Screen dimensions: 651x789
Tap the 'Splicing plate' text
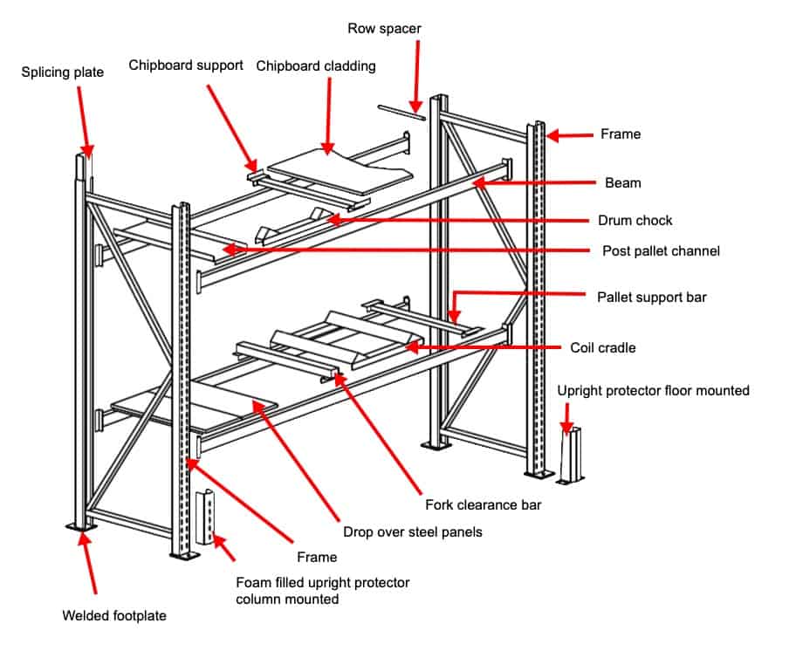(x=62, y=72)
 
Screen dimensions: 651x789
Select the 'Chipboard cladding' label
(x=316, y=65)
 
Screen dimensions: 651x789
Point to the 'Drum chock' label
(x=635, y=220)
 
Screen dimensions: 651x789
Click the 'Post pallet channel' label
(x=662, y=250)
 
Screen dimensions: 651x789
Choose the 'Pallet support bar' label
(x=651, y=297)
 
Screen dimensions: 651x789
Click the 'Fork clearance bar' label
(x=478, y=504)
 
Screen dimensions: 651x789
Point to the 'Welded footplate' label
(x=113, y=615)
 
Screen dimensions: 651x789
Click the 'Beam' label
(x=622, y=183)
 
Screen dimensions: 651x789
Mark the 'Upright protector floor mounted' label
(x=653, y=390)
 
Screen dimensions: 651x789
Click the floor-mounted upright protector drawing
(x=571, y=456)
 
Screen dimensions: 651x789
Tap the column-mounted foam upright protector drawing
(x=207, y=517)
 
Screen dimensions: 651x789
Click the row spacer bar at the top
(x=401, y=111)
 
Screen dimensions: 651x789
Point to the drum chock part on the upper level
(x=279, y=229)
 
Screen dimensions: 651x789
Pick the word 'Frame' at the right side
(x=621, y=134)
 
